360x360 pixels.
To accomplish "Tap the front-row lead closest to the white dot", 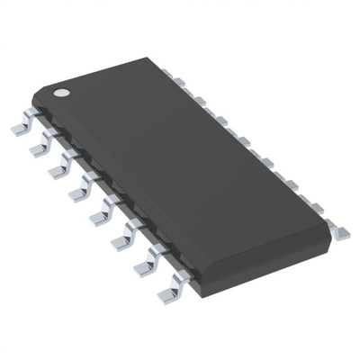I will (22, 128).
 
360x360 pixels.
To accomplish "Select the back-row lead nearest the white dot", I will (177, 83).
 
